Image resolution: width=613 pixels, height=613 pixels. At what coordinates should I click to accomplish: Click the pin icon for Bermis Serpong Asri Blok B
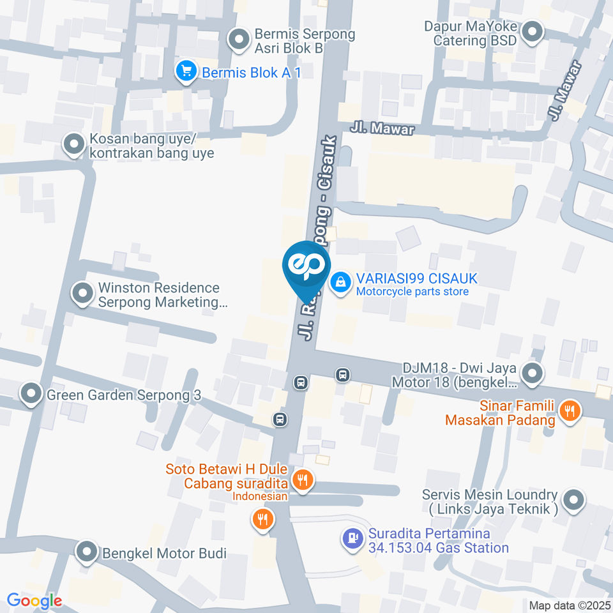click(239, 40)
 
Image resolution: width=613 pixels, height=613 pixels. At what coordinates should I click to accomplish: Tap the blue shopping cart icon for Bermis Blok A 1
click(186, 72)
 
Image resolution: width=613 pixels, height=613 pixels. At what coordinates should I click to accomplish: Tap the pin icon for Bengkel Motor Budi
click(87, 552)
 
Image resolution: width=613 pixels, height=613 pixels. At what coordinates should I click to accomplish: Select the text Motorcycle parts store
click(412, 292)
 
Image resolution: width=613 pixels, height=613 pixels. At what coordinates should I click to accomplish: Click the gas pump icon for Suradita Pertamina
click(352, 540)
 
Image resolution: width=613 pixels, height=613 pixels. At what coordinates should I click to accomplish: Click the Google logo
click(34, 600)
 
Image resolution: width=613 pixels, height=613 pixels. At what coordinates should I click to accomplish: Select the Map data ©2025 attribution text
click(570, 605)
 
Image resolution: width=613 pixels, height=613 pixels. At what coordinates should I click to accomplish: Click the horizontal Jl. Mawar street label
click(382, 129)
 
